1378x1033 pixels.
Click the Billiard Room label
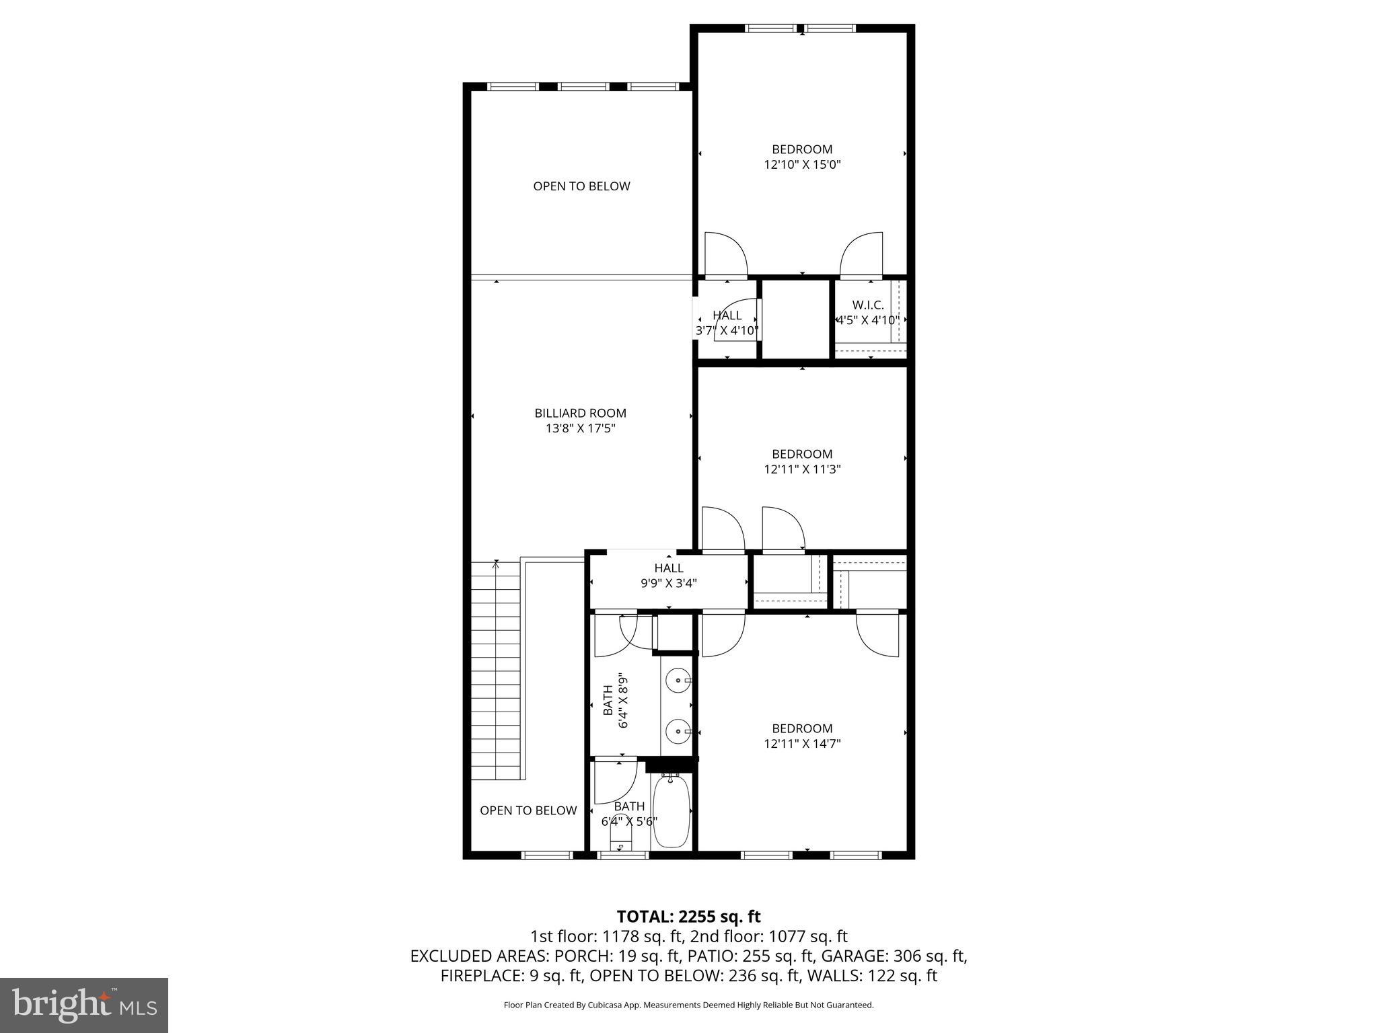click(x=580, y=414)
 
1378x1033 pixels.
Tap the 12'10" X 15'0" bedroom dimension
click(x=802, y=165)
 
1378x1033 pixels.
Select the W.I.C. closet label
click(x=867, y=305)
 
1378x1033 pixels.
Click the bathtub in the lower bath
click(x=671, y=812)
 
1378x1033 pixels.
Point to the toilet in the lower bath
click(x=620, y=838)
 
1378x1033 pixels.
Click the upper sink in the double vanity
click(x=676, y=681)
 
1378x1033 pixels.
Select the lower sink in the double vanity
click(x=676, y=730)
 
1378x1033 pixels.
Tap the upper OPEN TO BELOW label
click(x=581, y=186)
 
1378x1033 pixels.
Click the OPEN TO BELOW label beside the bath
click(x=528, y=810)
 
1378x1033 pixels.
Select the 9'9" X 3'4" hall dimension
click(x=668, y=584)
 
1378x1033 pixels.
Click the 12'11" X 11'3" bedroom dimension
click(x=802, y=469)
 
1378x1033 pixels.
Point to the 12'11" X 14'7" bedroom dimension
click(x=802, y=744)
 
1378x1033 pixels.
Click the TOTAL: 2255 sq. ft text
click(x=688, y=917)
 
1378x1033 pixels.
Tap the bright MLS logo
click(x=84, y=1005)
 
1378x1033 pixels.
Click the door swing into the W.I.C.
click(x=862, y=254)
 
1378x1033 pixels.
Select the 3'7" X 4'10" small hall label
click(x=727, y=331)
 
